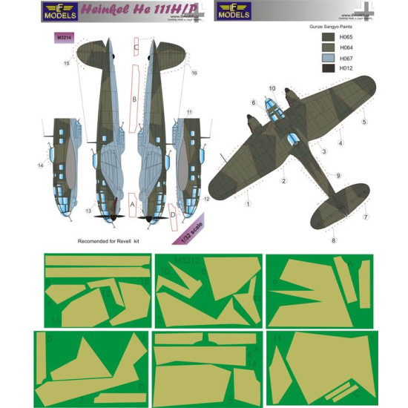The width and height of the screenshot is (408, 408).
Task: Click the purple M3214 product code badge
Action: pos(65,33)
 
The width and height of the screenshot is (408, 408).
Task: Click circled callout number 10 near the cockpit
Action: pos(271,88)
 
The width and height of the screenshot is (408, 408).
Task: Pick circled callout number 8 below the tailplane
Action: pos(334,240)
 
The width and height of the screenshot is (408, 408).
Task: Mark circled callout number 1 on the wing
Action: pos(249,203)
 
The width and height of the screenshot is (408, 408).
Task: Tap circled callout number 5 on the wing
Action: pos(364,122)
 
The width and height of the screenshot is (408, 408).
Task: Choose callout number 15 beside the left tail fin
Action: pos(66,65)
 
